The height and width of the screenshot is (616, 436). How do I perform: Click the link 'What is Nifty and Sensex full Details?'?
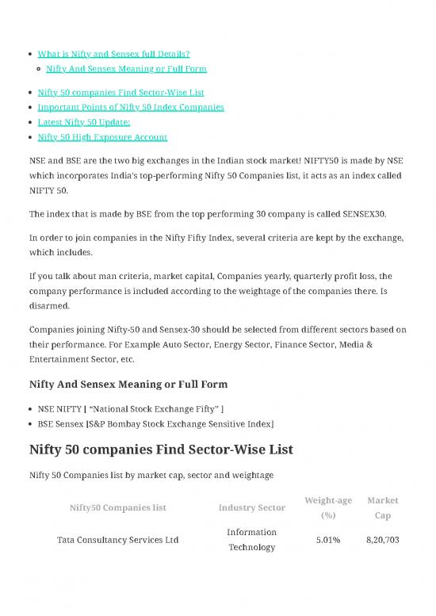[113, 54]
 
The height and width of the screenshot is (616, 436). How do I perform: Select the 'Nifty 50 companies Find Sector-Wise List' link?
[120, 92]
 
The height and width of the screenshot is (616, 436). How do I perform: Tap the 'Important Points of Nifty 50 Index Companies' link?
[131, 106]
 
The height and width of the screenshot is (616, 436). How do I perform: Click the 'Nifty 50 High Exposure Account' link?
[102, 136]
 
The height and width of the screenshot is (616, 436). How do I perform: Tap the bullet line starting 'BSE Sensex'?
[155, 424]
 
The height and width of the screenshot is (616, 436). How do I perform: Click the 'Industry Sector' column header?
[251, 507]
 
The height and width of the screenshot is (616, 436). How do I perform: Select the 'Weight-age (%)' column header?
[328, 507]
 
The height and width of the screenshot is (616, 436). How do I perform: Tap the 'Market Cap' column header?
[382, 507]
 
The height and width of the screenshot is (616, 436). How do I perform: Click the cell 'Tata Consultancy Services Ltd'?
[118, 540]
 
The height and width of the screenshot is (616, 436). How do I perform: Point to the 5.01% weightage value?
[328, 540]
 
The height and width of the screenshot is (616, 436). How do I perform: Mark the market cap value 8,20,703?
[382, 540]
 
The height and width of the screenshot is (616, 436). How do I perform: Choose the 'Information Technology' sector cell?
[251, 540]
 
